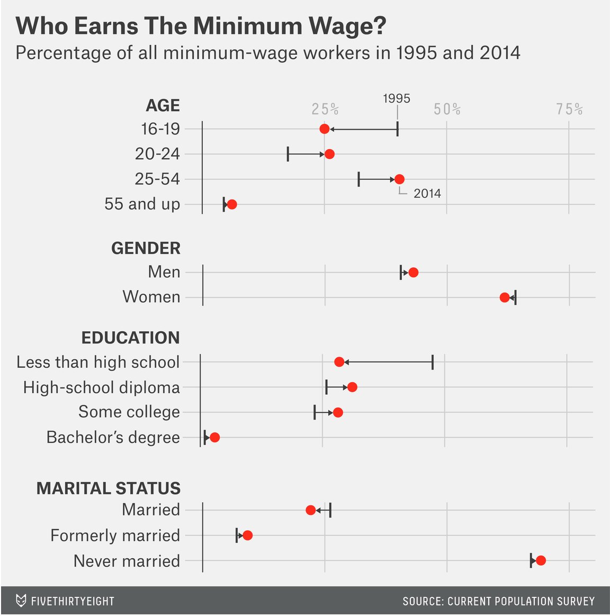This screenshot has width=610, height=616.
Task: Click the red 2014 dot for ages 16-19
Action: pyautogui.click(x=325, y=129)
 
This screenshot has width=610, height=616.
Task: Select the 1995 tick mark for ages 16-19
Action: pyautogui.click(x=397, y=129)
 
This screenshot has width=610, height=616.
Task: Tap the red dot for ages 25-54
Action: pyautogui.click(x=399, y=179)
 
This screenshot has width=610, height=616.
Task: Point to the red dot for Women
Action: pyautogui.click(x=505, y=297)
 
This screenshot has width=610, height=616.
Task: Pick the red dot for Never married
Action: pyautogui.click(x=541, y=560)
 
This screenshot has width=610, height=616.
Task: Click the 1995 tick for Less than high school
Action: pyautogui.click(x=433, y=362)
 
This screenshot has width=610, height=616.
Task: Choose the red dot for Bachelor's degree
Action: pyautogui.click(x=214, y=437)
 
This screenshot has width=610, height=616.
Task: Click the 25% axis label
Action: pyautogui.click(x=325, y=109)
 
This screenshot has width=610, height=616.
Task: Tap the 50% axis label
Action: pyautogui.click(x=447, y=109)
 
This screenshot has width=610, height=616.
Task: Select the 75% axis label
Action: pyautogui.click(x=569, y=109)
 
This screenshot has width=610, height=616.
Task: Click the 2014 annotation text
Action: pyautogui.click(x=427, y=194)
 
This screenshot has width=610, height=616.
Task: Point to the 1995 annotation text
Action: pyautogui.click(x=397, y=98)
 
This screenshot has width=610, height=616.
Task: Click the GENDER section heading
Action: pyautogui.click(x=146, y=248)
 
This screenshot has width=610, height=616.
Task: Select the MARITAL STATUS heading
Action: pyautogui.click(x=109, y=488)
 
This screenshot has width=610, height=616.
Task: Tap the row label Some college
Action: pyautogui.click(x=129, y=412)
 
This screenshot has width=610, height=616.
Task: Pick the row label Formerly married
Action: pyautogui.click(x=115, y=536)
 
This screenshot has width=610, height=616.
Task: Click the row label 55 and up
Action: pyautogui.click(x=142, y=204)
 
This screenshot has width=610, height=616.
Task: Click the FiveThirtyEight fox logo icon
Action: pyautogui.click(x=21, y=601)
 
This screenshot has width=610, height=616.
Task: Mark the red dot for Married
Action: pyautogui.click(x=311, y=510)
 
